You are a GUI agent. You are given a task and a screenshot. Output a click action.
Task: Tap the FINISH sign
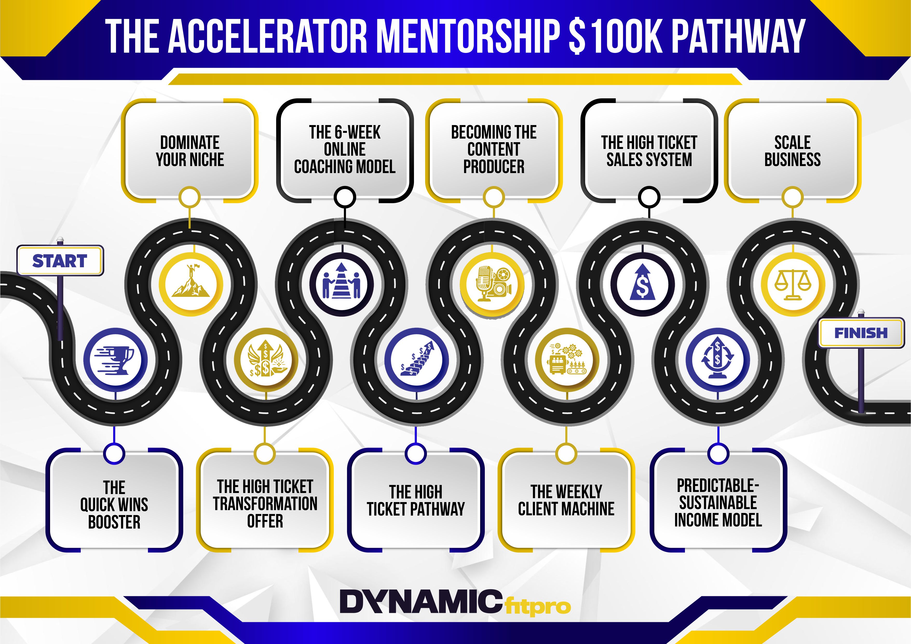point(861,332)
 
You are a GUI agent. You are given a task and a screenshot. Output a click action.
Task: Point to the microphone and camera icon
point(492,284)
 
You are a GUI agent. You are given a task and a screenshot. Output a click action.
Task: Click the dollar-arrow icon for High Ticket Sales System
point(642,284)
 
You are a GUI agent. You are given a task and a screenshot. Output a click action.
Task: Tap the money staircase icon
point(417,360)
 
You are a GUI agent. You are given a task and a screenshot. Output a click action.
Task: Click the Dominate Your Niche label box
point(190,151)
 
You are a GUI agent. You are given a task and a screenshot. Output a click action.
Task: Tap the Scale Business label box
point(792,151)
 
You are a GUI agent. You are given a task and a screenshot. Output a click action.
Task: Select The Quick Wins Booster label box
point(114,500)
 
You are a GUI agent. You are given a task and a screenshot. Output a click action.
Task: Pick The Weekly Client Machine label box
point(566,500)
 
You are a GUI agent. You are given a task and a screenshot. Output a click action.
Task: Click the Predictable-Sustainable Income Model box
point(718,500)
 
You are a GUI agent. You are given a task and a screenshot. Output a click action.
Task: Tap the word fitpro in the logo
point(539,606)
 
